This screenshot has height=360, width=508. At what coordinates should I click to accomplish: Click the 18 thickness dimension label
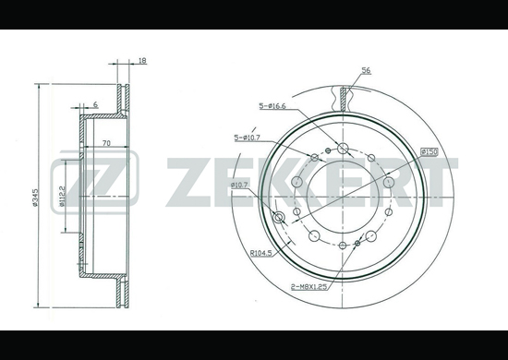point(142,61)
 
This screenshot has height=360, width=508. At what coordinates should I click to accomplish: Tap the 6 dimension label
point(95,104)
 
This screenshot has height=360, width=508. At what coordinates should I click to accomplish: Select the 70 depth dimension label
point(106,143)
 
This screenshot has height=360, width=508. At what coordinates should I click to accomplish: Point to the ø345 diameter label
point(35,198)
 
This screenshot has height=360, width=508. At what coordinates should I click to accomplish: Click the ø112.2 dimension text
point(63,197)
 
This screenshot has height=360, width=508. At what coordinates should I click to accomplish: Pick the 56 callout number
point(366,70)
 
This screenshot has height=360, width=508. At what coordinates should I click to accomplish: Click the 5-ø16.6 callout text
point(272,106)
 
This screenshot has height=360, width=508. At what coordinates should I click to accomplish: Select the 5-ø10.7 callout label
point(248,138)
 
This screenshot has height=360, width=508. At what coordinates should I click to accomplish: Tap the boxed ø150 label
point(429,151)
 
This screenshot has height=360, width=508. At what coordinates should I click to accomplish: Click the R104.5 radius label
point(260,254)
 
